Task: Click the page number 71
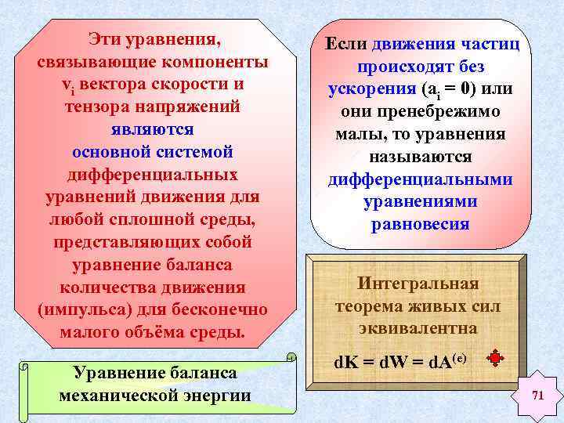click(537, 396)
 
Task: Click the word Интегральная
click(418, 284)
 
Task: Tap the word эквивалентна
click(418, 328)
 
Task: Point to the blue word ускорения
click(371, 89)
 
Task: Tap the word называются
click(418, 157)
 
